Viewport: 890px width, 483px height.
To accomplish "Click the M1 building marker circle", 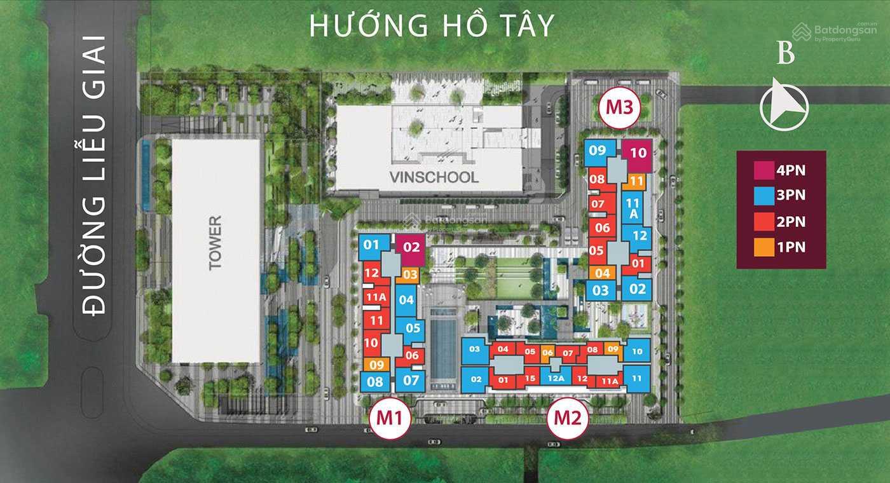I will pyautogui.click(x=390, y=418).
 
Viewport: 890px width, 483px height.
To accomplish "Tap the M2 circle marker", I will pyautogui.click(x=568, y=418).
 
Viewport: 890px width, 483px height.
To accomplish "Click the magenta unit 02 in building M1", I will pyautogui.click(x=411, y=249).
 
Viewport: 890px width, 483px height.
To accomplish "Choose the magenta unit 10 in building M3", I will pyautogui.click(x=638, y=154).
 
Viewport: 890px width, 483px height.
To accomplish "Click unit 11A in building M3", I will pyautogui.click(x=633, y=208).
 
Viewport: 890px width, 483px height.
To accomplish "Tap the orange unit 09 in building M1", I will pyautogui.click(x=376, y=364).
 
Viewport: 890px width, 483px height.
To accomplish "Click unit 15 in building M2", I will pyautogui.click(x=530, y=379).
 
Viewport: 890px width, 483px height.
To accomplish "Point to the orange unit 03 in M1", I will pyautogui.click(x=410, y=275).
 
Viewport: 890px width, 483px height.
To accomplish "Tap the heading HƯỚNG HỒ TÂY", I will pyautogui.click(x=432, y=25).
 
